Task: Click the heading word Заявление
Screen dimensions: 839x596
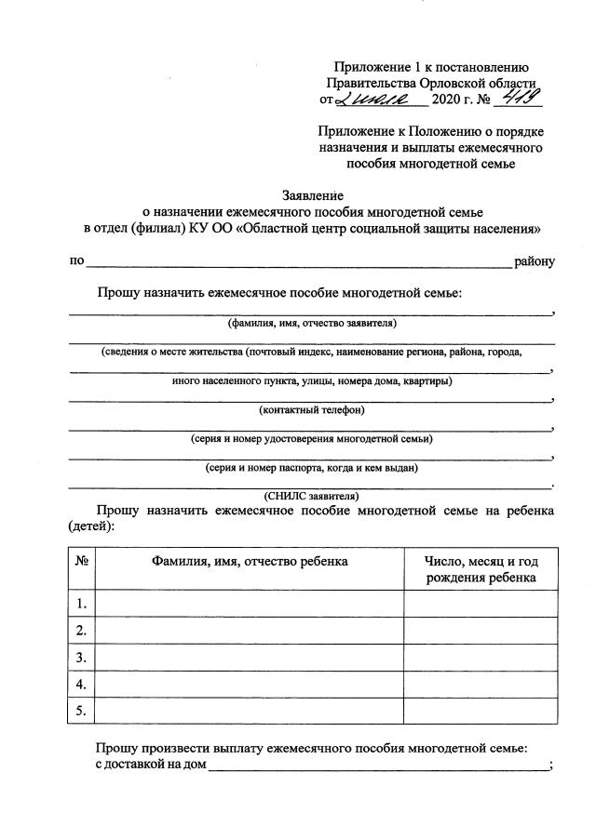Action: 313,195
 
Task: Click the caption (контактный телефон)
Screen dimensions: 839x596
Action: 312,409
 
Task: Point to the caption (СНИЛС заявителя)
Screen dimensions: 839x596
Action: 312,495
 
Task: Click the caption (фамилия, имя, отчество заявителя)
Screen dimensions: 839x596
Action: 312,324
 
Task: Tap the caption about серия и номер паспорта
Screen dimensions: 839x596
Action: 312,467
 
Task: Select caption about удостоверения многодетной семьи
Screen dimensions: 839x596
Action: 312,438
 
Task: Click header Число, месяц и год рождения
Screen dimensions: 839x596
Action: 481,569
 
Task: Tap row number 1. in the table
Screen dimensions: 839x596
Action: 82,604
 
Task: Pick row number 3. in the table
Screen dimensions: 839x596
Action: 82,658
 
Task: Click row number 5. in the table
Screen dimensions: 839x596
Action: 82,712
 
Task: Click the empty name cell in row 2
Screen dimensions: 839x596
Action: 250,631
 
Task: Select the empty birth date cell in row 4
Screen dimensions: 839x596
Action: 481,685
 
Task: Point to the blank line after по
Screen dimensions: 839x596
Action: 298,261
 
